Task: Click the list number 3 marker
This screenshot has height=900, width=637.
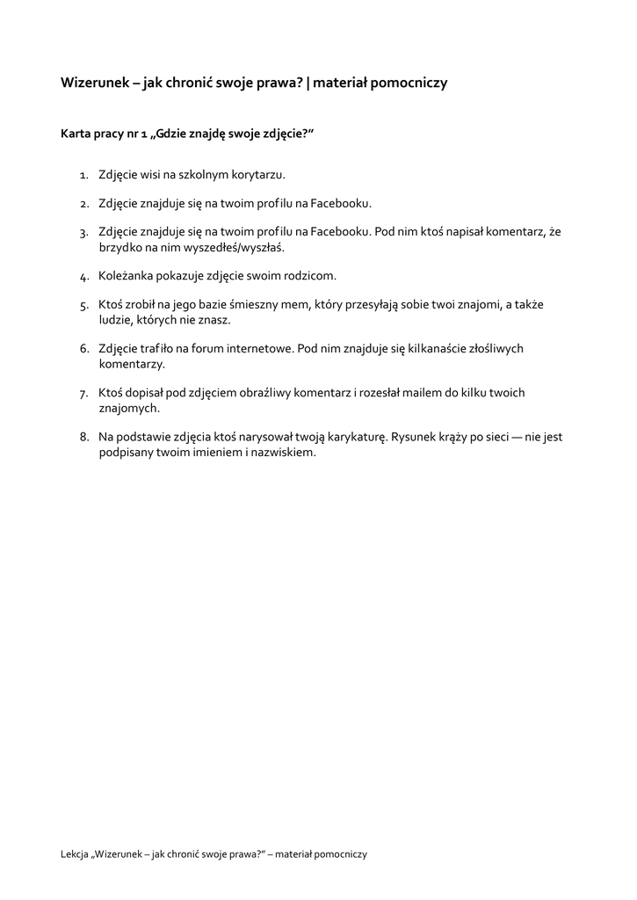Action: (83, 233)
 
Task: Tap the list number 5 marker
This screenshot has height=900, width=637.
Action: (83, 306)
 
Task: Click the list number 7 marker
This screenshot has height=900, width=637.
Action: (83, 394)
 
